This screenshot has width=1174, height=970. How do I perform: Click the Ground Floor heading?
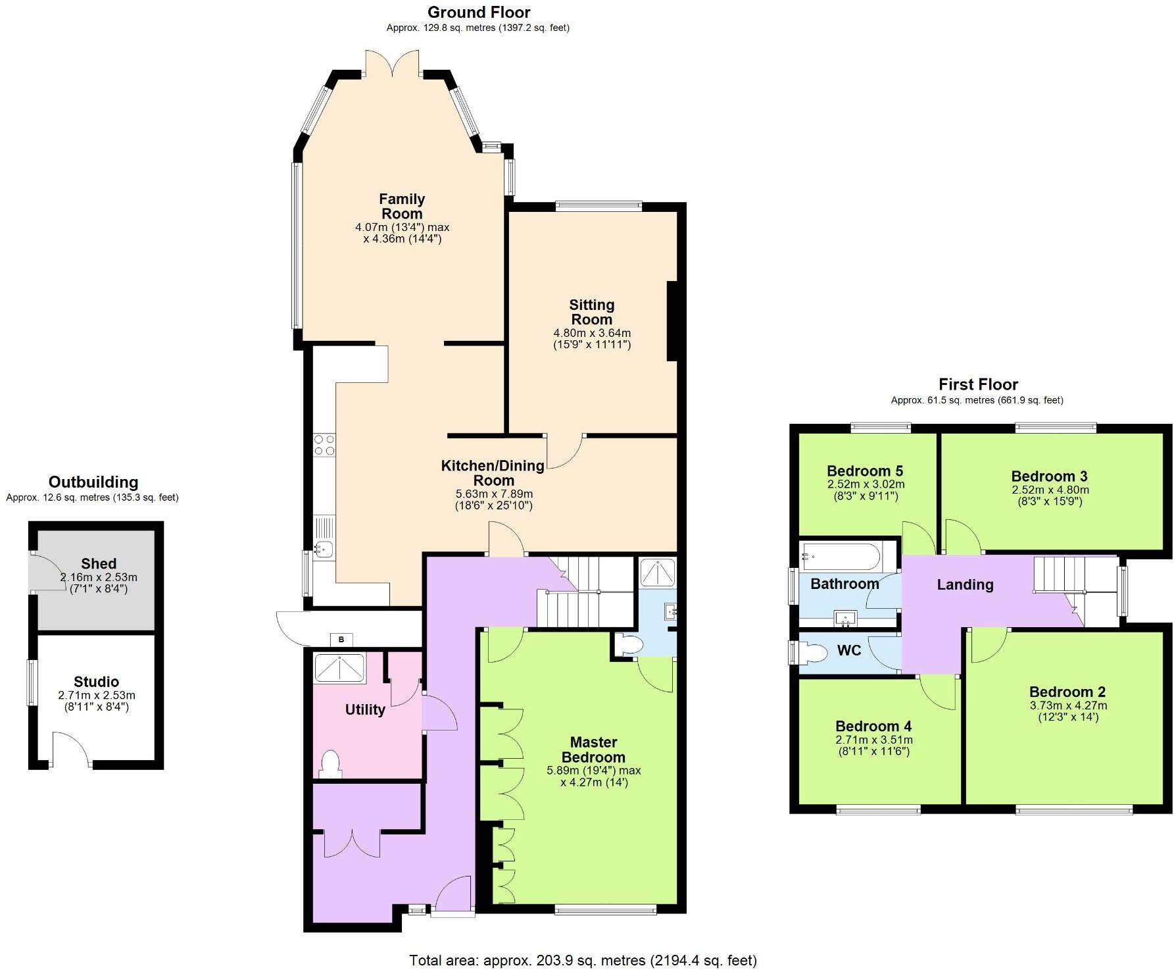tap(478, 12)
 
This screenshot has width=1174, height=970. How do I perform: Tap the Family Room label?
tap(402, 206)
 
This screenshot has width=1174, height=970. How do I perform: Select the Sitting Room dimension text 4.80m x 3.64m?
tap(592, 333)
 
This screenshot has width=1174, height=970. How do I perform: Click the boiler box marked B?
tap(341, 639)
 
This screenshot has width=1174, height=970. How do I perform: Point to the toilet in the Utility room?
tap(330, 765)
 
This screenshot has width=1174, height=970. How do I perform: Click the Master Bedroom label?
tap(593, 750)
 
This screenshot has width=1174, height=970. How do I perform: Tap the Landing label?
tap(965, 584)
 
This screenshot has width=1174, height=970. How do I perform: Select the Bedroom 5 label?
tap(864, 471)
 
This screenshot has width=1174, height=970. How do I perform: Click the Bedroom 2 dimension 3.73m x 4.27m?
tap(1067, 705)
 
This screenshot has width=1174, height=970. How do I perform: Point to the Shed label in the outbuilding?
tap(99, 563)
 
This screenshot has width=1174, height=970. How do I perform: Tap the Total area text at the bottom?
tap(583, 960)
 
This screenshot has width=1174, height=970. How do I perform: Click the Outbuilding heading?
tap(93, 482)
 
